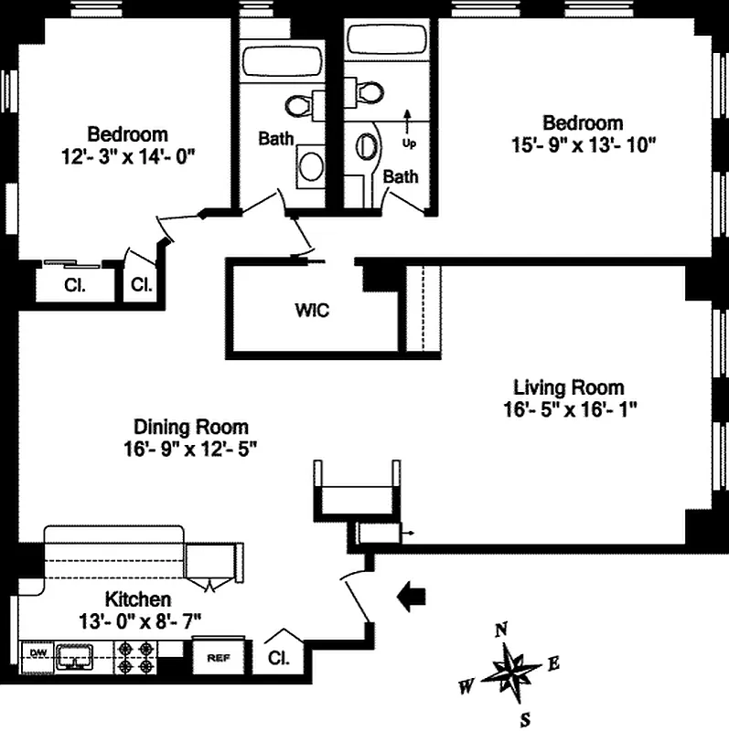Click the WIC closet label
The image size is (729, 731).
click(312, 310)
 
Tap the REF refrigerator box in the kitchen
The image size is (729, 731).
click(217, 657)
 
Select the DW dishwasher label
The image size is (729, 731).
click(38, 652)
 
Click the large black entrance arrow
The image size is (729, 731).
click(413, 596)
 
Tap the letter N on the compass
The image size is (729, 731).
click(500, 629)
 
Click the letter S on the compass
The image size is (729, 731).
click(524, 717)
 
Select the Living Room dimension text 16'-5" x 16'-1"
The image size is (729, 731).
click(569, 408)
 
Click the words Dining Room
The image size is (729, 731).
click(191, 427)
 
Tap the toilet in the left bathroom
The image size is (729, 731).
click(299, 103)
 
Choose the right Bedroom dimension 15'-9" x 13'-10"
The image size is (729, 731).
click(583, 144)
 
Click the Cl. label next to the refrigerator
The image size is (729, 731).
click(278, 657)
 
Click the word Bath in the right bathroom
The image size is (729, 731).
click(401, 176)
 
